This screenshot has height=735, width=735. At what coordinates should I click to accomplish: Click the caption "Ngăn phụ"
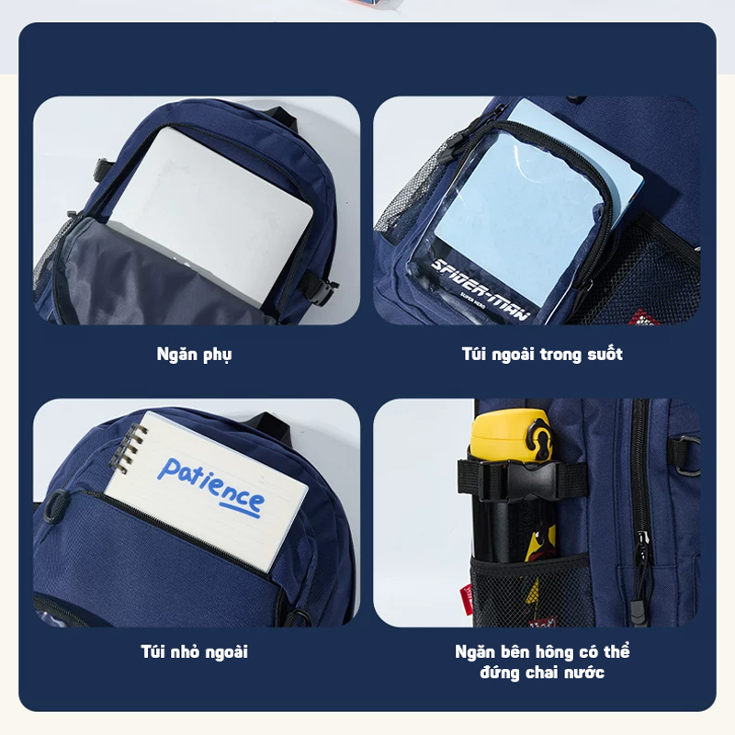194,355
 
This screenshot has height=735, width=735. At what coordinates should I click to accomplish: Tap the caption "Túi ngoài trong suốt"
542,354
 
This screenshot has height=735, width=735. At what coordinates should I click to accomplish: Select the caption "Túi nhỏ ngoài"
194,651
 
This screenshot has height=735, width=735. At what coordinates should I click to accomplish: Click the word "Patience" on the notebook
210,485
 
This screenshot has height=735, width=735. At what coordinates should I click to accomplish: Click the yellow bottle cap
512,435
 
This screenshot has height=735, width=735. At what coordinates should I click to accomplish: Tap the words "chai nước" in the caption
565,673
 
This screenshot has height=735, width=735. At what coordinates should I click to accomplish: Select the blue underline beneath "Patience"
240,511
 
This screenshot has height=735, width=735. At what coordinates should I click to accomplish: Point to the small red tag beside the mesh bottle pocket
467,597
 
